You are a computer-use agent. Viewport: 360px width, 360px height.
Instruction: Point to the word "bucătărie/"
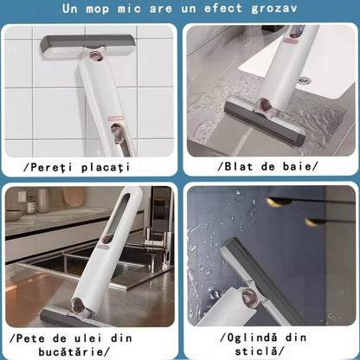[70, 350]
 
